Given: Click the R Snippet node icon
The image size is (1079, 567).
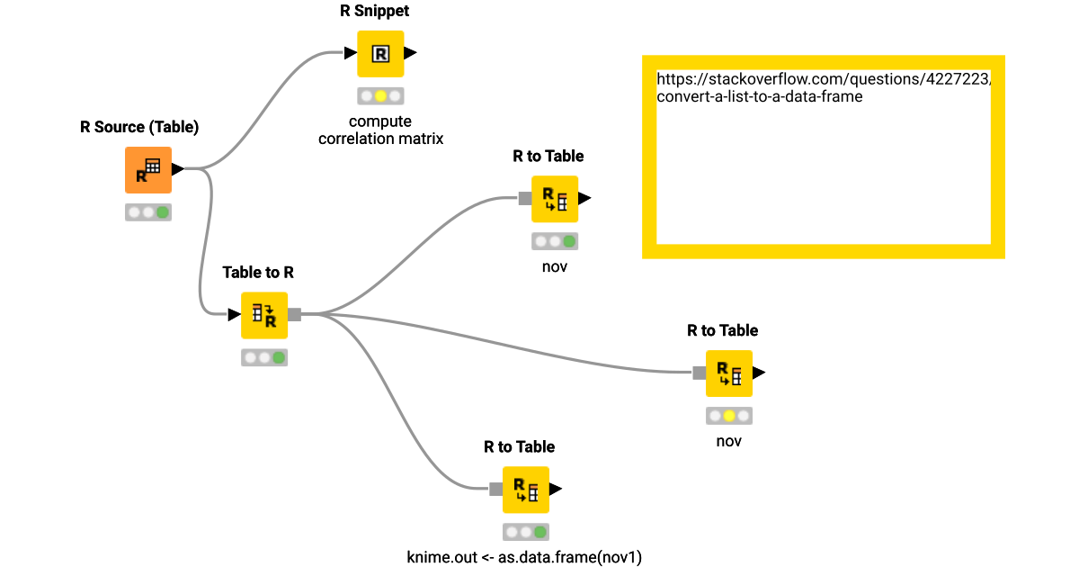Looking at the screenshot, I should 380,54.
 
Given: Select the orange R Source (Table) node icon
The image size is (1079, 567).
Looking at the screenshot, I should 147,170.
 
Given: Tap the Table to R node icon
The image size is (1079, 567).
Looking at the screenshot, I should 264,315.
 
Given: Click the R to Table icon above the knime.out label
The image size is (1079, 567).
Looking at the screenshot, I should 525,490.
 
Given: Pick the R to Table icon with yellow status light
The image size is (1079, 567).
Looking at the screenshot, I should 728,373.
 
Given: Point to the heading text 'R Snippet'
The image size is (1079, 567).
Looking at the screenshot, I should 381,12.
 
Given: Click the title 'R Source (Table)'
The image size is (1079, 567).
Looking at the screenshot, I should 139,127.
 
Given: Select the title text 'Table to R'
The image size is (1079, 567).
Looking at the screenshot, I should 258,272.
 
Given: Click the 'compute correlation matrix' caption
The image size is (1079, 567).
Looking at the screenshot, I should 380,130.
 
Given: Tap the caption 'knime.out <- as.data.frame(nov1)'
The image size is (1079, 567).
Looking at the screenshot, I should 525,556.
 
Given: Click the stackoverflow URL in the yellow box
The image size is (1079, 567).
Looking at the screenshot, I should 824,87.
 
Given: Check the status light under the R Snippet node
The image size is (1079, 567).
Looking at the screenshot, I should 380,95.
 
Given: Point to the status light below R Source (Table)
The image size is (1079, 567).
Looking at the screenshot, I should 148,212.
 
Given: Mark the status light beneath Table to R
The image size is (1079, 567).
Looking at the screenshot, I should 264,357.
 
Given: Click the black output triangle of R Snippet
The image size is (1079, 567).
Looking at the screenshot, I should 411,53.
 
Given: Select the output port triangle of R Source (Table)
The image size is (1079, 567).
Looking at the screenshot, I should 178,168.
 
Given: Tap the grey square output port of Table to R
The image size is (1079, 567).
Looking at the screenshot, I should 294,314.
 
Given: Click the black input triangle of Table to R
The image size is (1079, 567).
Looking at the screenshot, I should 234,314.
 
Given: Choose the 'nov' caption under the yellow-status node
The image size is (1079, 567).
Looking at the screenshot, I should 728,441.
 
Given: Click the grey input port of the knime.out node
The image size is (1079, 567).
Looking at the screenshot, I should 495,490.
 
